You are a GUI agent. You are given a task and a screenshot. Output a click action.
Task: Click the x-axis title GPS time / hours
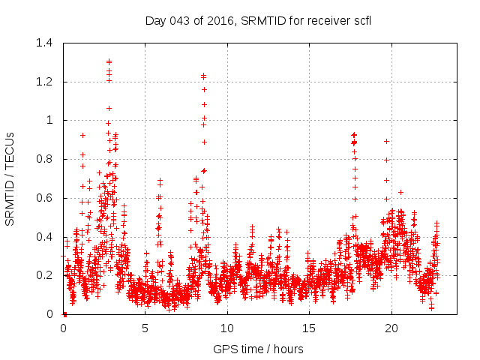click(259, 349)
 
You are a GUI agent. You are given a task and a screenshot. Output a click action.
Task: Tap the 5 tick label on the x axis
click(145, 328)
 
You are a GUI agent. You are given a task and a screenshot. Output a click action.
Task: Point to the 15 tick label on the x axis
click(309, 328)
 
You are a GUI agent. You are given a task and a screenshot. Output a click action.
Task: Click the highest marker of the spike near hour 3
click(109, 61)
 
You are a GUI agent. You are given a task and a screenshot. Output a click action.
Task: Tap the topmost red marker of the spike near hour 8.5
click(203, 75)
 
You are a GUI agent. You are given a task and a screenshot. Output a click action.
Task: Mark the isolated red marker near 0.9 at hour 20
click(386, 141)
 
